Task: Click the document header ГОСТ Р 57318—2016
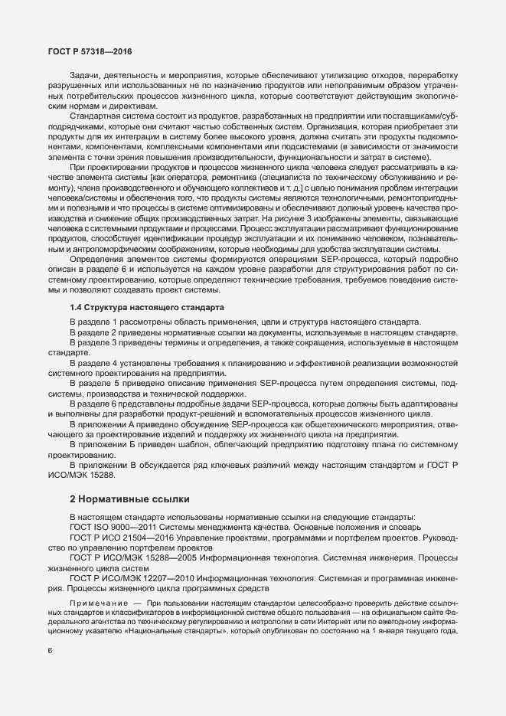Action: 88,51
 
